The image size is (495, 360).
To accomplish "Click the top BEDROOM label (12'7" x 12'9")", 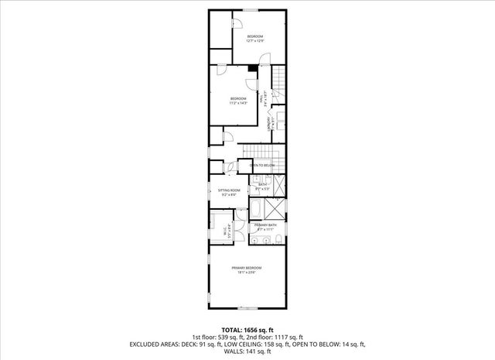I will [x=255, y=39].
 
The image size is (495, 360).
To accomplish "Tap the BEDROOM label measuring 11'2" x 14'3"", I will [x=238, y=100].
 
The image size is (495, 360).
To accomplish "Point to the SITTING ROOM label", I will [x=229, y=191].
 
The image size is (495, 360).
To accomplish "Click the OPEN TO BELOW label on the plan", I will [x=262, y=166].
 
